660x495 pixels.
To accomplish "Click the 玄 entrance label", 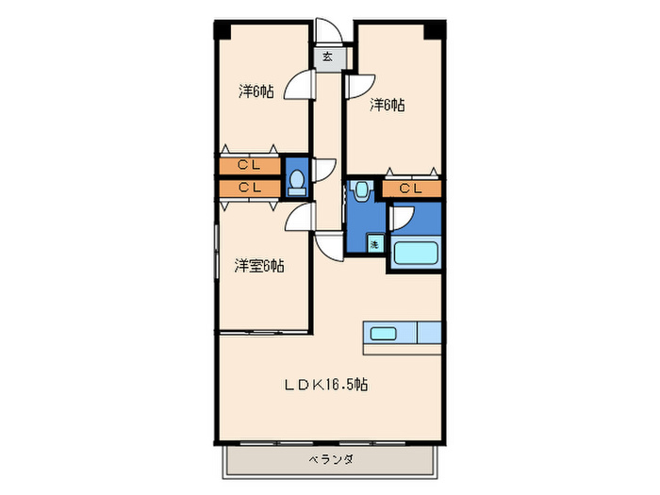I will [x=328, y=58].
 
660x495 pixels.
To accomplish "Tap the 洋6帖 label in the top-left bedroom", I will [x=256, y=91].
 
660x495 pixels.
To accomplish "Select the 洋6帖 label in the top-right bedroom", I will [x=387, y=105].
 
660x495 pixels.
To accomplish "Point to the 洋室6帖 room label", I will [x=258, y=266].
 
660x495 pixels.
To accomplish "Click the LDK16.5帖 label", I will [x=327, y=385].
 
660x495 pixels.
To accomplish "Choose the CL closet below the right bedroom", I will [x=411, y=189].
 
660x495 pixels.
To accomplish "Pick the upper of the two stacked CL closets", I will [x=249, y=166].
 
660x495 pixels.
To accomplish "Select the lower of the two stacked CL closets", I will [x=249, y=188].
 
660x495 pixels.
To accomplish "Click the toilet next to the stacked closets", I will [x=297, y=178].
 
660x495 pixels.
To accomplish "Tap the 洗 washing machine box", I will [x=374, y=244].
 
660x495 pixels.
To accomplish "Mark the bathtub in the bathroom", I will [x=414, y=255].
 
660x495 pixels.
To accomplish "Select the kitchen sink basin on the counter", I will [x=384, y=333].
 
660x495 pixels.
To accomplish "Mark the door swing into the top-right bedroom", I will [x=358, y=85].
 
